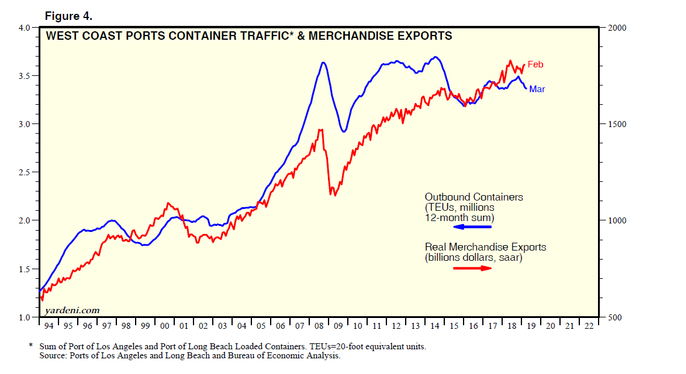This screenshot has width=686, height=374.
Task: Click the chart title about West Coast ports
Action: click(249, 36)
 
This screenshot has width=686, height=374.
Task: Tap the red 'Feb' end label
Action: click(535, 64)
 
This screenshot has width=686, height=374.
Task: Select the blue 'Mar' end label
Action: click(537, 89)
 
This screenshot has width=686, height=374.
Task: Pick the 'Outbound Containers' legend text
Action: click(473, 197)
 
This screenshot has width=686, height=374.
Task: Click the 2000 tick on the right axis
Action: click(618, 28)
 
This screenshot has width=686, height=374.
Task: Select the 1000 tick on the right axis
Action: click(618, 220)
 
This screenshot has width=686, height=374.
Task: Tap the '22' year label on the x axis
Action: click(588, 326)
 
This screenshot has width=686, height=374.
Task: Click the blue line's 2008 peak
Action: click(324, 62)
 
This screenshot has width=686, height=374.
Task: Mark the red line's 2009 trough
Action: click(331, 195)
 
